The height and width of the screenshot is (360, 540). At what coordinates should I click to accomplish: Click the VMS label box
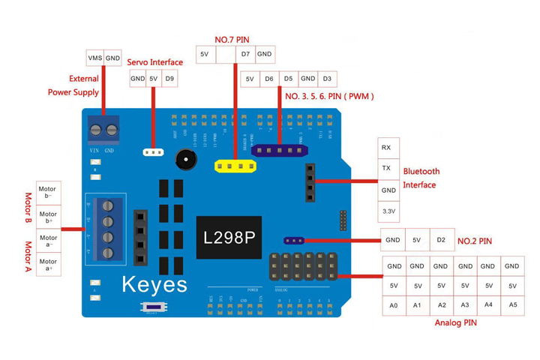(95, 58)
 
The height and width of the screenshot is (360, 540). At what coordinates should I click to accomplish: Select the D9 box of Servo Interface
(170, 78)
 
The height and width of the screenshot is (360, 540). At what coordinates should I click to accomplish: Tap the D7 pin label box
(245, 54)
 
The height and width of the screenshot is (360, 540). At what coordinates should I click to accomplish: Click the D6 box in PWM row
(268, 79)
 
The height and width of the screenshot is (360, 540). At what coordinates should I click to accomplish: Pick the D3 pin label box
(326, 79)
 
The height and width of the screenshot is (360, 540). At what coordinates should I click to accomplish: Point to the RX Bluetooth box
(386, 148)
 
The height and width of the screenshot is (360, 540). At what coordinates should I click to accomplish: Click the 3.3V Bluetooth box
(386, 212)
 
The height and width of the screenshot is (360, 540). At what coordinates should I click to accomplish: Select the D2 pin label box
(442, 241)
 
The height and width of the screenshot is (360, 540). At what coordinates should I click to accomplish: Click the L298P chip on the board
(229, 238)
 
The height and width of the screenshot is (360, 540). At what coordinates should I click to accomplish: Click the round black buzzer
(184, 159)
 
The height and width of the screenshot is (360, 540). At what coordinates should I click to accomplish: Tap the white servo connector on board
(153, 151)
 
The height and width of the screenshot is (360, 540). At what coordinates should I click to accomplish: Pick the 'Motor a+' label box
(47, 264)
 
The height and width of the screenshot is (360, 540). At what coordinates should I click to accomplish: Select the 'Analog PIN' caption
(455, 323)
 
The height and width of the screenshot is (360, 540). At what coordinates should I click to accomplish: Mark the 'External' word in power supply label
(84, 78)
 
